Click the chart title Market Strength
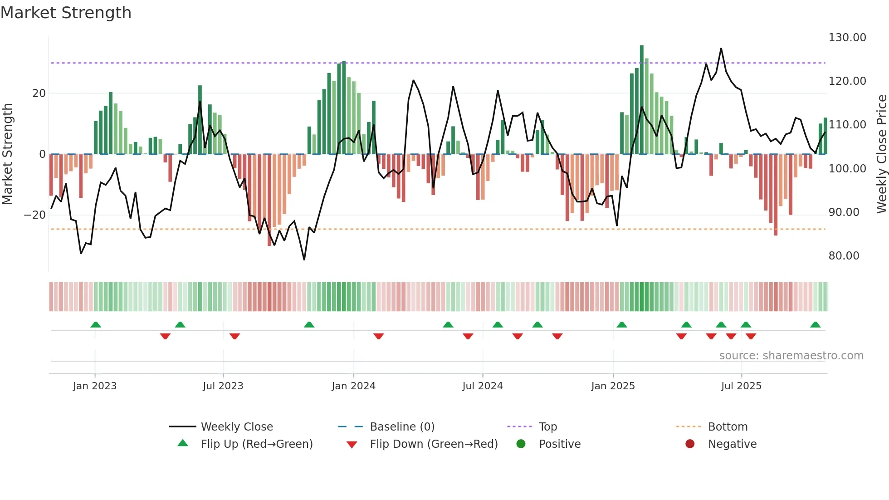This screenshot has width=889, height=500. coord(66,13)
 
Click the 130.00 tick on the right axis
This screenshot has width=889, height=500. coord(847,38)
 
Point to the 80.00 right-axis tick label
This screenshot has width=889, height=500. coord(844,256)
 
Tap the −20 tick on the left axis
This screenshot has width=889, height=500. coord(35,215)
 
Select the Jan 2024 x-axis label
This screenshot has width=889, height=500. coord(353,386)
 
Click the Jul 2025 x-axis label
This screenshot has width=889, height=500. coord(741,386)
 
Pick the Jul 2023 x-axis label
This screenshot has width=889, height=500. coord(223,386)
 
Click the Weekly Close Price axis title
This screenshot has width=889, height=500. coord(881,154)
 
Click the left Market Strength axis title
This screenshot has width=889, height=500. coord(7,154)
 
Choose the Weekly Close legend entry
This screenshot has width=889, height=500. coord(236,427)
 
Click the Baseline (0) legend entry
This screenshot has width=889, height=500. coord(402,427)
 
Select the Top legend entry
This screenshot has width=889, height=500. coord(547,427)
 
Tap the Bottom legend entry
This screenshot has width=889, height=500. coord(728,427)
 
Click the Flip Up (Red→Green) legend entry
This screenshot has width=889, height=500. coord(256,444)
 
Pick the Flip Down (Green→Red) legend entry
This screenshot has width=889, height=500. coord(433,444)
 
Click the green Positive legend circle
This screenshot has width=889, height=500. coord(521,444)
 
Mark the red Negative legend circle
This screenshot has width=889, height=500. coord(690,444)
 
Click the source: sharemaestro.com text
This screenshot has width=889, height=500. coord(791,356)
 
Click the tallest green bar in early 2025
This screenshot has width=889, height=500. coord(642,100)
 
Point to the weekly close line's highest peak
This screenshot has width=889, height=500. coord(721,49)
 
